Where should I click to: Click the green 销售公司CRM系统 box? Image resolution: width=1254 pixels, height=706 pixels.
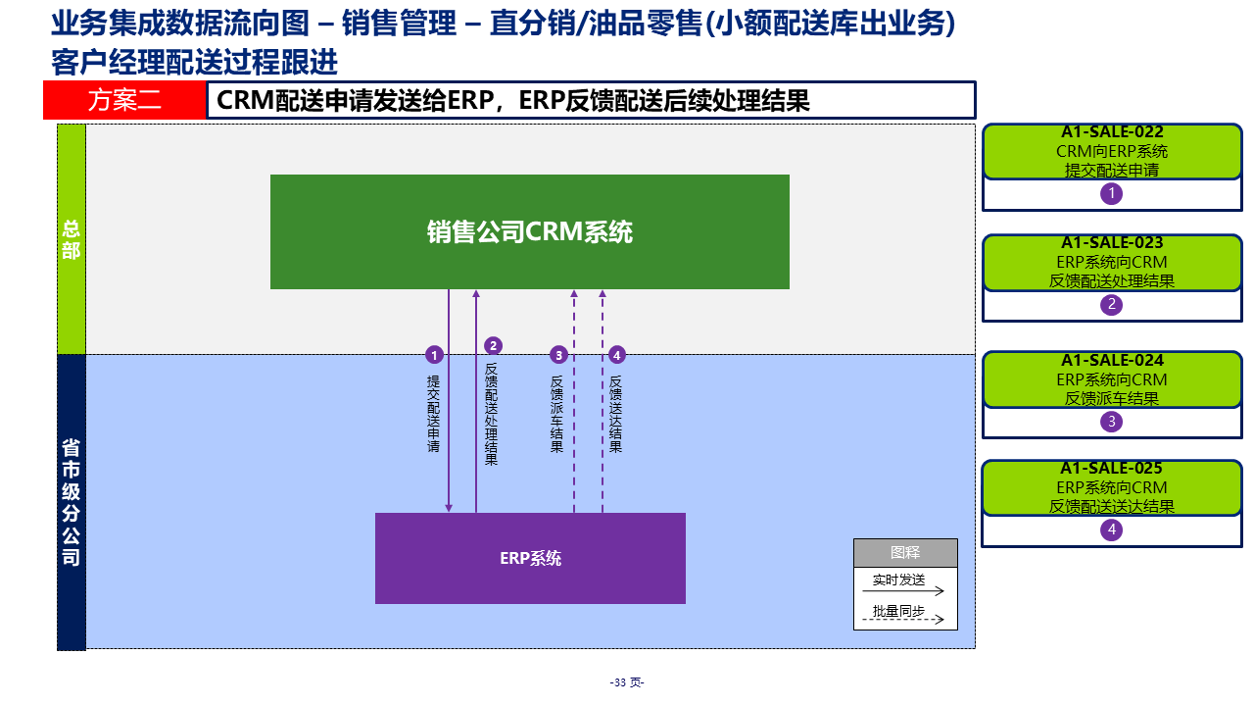pyautogui.click(x=529, y=231)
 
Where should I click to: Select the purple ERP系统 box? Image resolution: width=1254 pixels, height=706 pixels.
pyautogui.click(x=530, y=558)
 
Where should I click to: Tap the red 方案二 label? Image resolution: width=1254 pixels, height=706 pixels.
pyautogui.click(x=124, y=100)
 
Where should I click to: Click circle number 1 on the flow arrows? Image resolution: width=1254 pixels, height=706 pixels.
pyautogui.click(x=435, y=355)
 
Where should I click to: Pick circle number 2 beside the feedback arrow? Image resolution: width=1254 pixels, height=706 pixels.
pyautogui.click(x=494, y=345)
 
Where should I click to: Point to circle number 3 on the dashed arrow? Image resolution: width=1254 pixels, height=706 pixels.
pyautogui.click(x=558, y=355)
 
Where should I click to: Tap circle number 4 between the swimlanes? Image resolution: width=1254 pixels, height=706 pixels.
pyautogui.click(x=616, y=355)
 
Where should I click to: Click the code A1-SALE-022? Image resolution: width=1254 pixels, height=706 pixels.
pyautogui.click(x=1112, y=132)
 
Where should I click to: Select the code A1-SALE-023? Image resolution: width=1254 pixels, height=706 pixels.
pyautogui.click(x=1112, y=243)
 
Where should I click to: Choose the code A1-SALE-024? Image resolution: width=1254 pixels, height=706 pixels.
pyautogui.click(x=1112, y=361)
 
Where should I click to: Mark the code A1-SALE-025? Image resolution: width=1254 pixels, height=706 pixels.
pyautogui.click(x=1112, y=469)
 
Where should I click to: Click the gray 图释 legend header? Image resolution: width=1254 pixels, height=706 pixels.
pyautogui.click(x=905, y=553)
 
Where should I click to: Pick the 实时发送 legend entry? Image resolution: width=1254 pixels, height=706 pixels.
pyautogui.click(x=899, y=580)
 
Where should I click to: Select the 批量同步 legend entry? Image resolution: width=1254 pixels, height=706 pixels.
pyautogui.click(x=899, y=611)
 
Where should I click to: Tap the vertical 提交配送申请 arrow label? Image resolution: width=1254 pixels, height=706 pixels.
pyautogui.click(x=434, y=413)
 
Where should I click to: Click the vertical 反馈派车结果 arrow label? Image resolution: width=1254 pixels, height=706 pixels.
pyautogui.click(x=557, y=413)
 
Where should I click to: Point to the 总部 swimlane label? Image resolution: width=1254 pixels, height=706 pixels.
pyautogui.click(x=72, y=239)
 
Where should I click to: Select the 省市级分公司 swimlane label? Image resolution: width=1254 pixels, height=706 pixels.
pyautogui.click(x=72, y=502)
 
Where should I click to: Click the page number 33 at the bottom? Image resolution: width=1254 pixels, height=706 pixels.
pyautogui.click(x=626, y=682)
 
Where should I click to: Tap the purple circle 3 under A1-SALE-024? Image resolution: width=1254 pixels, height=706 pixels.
pyautogui.click(x=1111, y=422)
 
